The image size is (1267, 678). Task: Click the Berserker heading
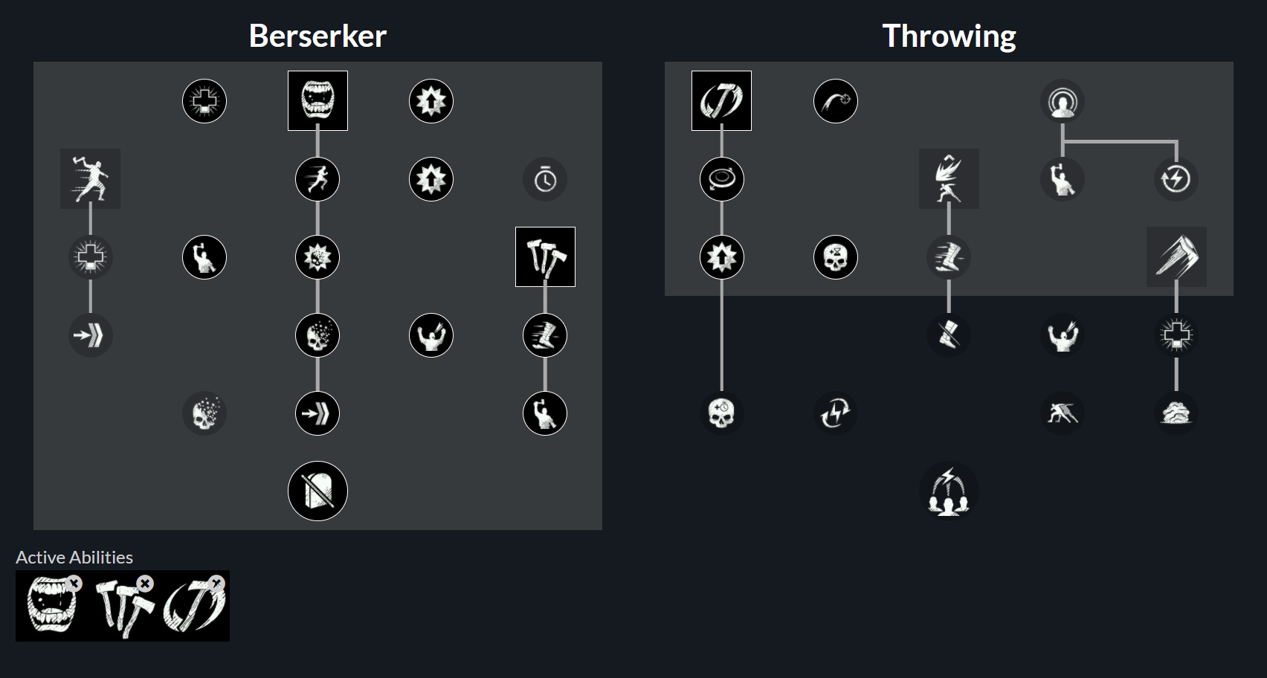[x=317, y=36]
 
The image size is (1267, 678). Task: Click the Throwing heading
[x=949, y=37]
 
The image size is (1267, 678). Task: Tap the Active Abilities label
[x=74, y=558]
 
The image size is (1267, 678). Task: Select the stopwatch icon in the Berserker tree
[x=545, y=180]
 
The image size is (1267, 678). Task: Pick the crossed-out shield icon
[x=317, y=491]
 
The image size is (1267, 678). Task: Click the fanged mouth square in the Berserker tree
[x=317, y=100]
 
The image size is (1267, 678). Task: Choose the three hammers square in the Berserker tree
[x=545, y=256]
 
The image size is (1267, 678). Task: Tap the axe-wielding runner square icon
[x=91, y=178]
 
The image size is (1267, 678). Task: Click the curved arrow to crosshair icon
[x=836, y=101]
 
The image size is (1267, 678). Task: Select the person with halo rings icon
[x=1063, y=101]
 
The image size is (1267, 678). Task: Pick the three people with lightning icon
[x=949, y=491]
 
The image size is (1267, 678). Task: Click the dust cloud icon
[x=1176, y=413]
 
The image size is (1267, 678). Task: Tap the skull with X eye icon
[x=836, y=257]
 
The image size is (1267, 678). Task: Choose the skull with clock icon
[x=722, y=413]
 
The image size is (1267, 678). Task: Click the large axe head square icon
[x=1176, y=256]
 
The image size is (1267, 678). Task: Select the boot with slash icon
[x=949, y=335]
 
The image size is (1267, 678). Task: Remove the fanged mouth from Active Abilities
[x=74, y=583]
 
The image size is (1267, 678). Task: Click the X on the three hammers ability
[x=146, y=583]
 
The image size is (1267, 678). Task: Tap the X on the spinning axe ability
[x=216, y=583]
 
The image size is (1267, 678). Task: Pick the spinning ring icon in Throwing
[x=722, y=179]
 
